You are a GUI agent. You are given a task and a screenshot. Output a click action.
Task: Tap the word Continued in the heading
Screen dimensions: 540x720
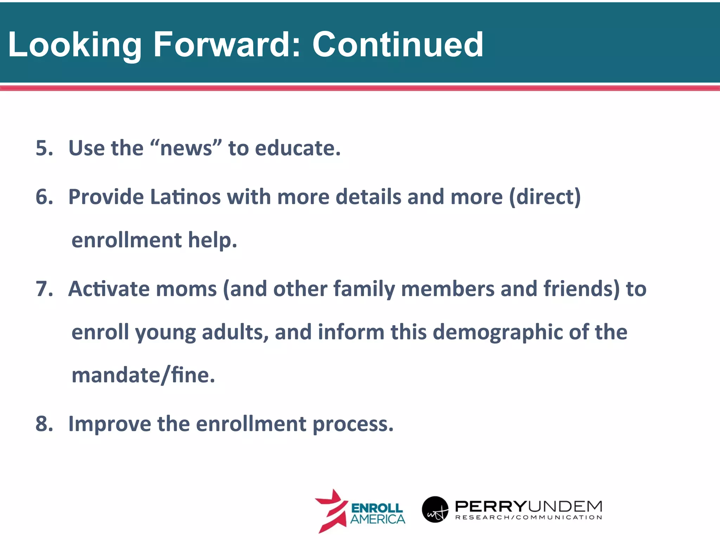pos(398,45)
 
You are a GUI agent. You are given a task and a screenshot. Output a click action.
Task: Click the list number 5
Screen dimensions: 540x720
pos(44,148)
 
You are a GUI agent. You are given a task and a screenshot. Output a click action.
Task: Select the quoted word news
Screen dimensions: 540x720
pos(186,148)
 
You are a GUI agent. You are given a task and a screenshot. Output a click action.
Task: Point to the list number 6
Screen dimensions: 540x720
pos(44,197)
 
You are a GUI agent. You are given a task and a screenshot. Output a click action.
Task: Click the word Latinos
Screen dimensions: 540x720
pos(185,197)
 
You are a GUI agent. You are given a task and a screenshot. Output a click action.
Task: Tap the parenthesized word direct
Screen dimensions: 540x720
pos(545,197)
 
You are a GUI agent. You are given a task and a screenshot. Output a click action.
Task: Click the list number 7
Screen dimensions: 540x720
pos(44,289)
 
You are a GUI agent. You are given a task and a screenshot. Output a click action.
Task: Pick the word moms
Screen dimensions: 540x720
pos(186,289)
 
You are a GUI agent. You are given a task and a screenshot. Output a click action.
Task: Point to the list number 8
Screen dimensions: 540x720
pos(44,424)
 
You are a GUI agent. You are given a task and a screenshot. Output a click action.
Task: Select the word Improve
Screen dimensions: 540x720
pos(109,424)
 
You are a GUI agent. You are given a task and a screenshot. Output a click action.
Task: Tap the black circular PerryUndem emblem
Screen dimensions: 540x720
pos(435,509)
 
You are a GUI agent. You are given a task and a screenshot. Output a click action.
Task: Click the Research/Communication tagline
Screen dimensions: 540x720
pos(528,517)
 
